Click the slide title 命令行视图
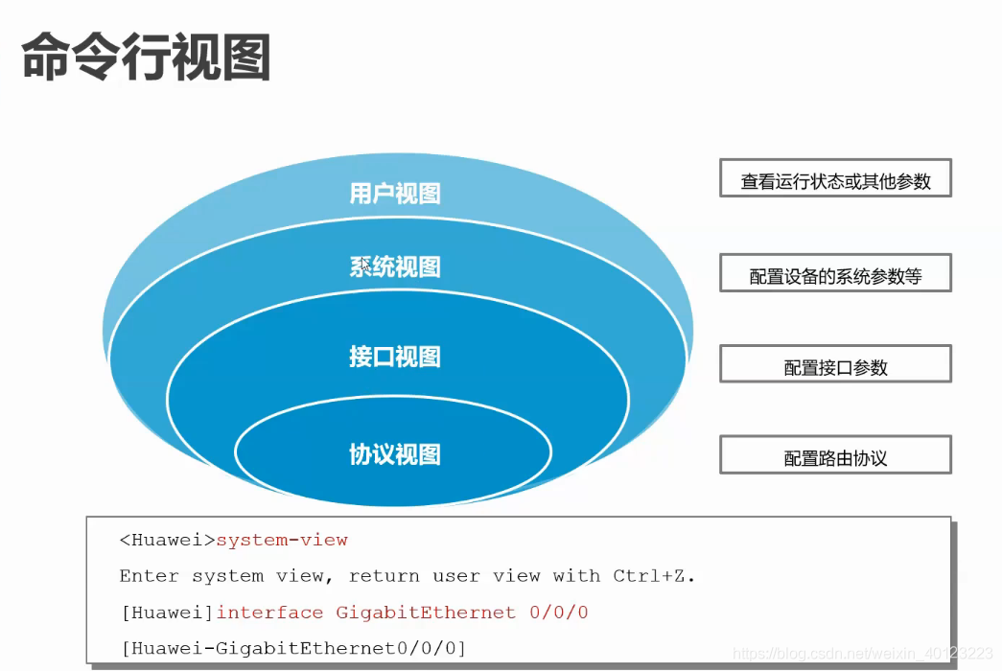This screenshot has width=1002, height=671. (x=146, y=58)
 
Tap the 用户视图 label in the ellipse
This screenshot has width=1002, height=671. (x=394, y=194)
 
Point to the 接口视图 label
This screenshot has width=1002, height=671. (x=394, y=358)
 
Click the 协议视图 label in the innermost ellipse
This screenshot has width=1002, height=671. (x=394, y=454)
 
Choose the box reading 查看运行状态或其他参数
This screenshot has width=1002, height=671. (x=835, y=180)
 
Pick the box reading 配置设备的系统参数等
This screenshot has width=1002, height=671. (x=835, y=275)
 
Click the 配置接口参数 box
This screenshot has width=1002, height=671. (x=835, y=366)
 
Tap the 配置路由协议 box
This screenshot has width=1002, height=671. (x=835, y=457)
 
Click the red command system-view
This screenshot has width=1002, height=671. (x=282, y=541)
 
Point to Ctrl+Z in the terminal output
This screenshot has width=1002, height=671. (x=651, y=577)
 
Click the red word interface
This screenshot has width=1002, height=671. (x=269, y=613)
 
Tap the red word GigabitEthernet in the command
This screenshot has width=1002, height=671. (x=426, y=613)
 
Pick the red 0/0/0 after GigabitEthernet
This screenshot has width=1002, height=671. (x=559, y=613)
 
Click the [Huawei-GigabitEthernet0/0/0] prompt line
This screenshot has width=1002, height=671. (x=292, y=649)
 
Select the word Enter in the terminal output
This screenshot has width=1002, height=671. (x=149, y=577)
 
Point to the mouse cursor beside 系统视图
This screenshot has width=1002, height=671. (x=365, y=264)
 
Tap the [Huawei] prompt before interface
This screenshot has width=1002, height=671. (x=167, y=613)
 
